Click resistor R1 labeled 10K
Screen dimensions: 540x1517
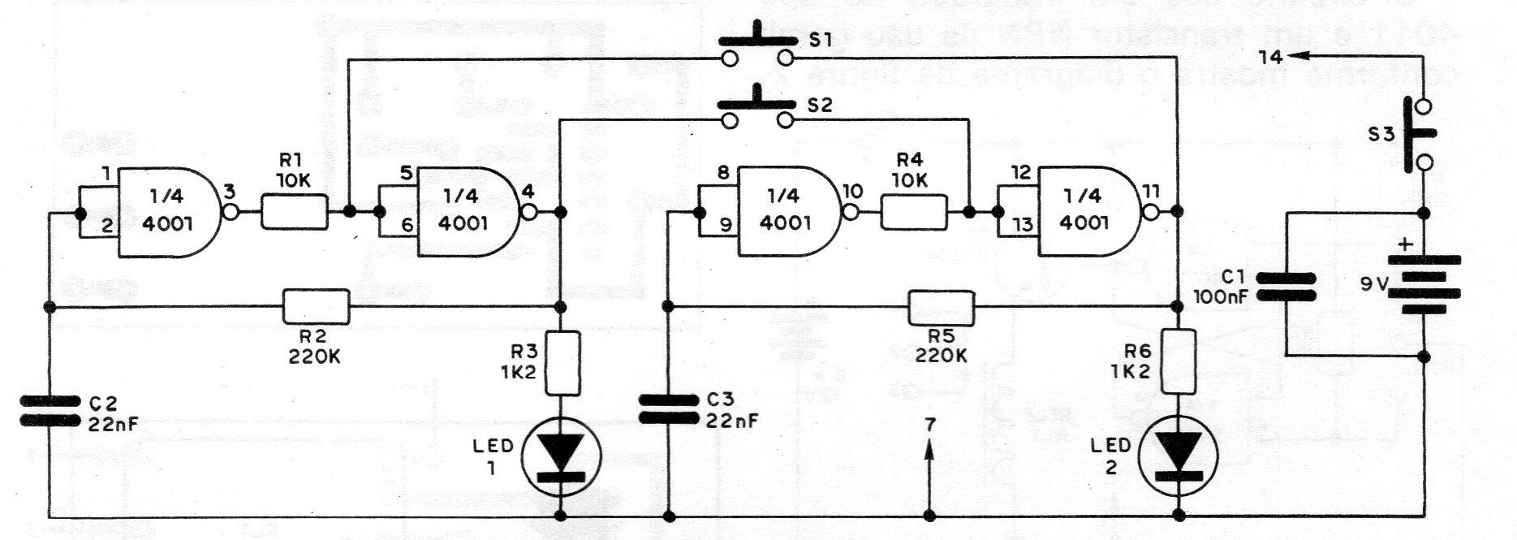(294, 213)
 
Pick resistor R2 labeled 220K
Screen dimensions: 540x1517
(317, 307)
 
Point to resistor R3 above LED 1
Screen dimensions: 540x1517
(562, 362)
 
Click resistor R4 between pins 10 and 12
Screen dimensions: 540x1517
(913, 213)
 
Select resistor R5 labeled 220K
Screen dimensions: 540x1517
(940, 307)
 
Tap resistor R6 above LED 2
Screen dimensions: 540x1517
(1179, 362)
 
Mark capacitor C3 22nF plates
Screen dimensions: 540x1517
(668, 408)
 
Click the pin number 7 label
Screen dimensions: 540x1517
(930, 425)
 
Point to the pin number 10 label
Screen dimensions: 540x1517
(853, 192)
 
